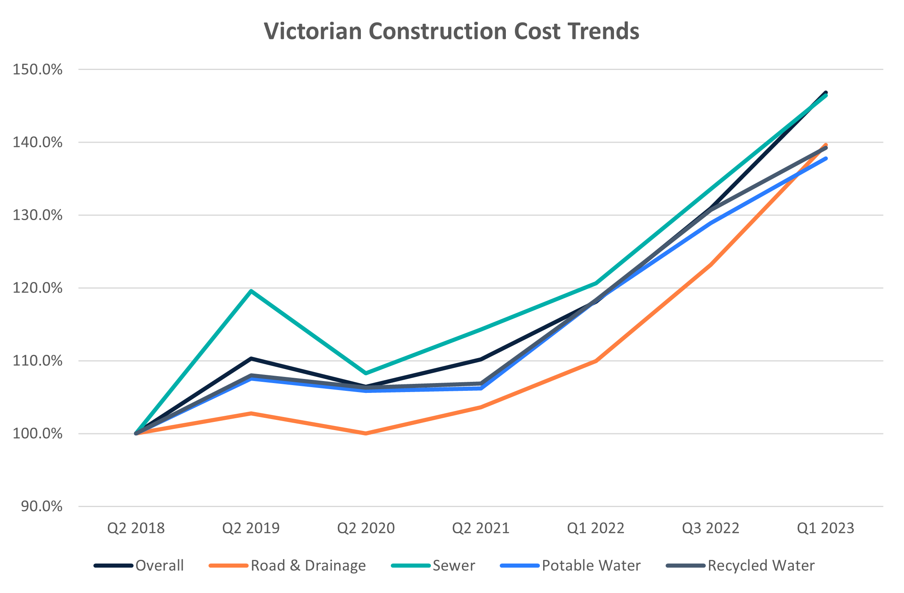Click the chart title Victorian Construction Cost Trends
point(451,31)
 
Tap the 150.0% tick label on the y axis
point(38,70)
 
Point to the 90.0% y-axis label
point(42,506)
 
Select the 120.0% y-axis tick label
point(38,288)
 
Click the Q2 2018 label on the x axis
point(136,528)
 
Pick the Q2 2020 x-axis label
point(366,528)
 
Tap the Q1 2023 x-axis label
point(825,528)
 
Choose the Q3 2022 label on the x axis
point(711,528)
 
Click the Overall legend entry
point(139,566)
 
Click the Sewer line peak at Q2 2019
point(251,291)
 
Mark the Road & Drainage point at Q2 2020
point(366,433)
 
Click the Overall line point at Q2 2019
point(251,359)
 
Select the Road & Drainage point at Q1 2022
point(596,361)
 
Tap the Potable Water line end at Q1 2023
point(825,158)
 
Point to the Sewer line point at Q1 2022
point(596,283)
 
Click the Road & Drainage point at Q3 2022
point(711,264)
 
